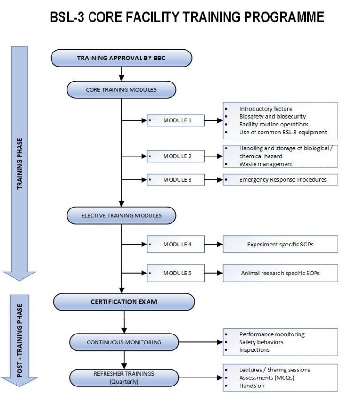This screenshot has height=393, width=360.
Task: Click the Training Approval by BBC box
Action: click(121, 59)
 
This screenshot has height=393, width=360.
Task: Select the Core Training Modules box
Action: click(121, 89)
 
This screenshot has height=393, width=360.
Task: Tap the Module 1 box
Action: click(176, 120)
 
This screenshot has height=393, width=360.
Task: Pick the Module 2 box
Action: click(176, 156)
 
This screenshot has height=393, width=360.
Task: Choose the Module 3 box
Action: click(176, 179)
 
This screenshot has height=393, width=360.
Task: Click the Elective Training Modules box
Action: click(121, 215)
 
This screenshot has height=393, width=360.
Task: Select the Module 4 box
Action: click(176, 244)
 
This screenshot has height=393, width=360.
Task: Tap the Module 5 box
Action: click(176, 273)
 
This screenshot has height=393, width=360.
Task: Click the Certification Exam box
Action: click(124, 302)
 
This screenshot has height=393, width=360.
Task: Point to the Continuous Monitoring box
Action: click(124, 342)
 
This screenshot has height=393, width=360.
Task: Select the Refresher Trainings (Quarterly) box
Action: click(124, 377)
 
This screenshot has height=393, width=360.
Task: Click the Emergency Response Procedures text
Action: click(283, 179)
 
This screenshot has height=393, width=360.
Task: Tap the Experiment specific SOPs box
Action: click(280, 244)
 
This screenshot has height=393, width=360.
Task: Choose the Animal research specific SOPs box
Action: click(280, 273)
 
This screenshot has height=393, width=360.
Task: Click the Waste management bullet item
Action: click(266, 164)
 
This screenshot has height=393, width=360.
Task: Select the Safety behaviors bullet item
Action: click(261, 342)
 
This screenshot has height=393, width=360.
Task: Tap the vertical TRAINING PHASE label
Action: click(20, 163)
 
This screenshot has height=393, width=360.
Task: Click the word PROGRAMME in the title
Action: click(279, 17)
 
